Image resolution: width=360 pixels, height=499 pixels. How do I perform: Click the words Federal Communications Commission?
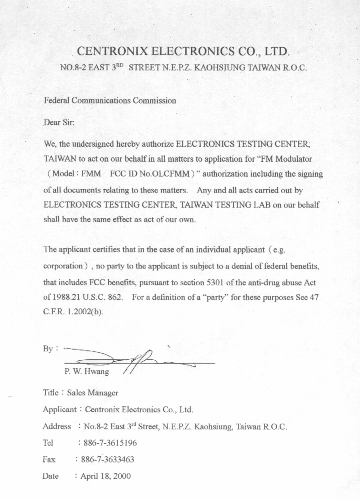pyautogui.click(x=110, y=101)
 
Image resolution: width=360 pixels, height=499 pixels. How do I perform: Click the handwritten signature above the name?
pyautogui.click(x=137, y=361)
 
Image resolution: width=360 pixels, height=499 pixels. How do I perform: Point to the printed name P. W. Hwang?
pyautogui.click(x=86, y=372)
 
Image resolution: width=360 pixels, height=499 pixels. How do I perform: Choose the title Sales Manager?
pyautogui.click(x=92, y=392)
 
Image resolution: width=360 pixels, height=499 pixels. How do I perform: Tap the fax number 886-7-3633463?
pyautogui.click(x=108, y=459)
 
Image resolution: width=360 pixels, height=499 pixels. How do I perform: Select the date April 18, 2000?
pyautogui.click(x=105, y=476)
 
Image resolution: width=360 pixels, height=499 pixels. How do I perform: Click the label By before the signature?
pyautogui.click(x=48, y=349)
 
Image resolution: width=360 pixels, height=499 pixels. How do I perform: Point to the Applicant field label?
pyautogui.click(x=59, y=409)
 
